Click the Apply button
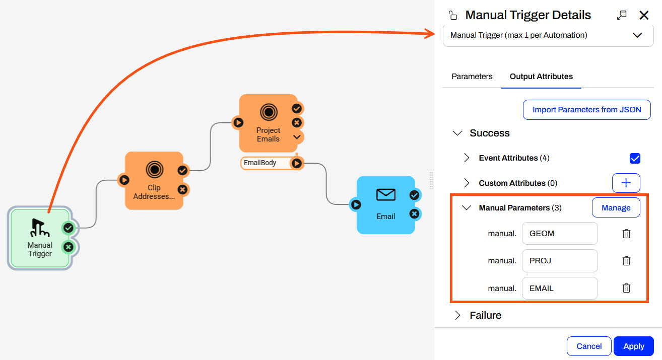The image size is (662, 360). click(633, 346)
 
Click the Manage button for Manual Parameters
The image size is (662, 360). click(616, 207)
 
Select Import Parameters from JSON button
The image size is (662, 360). click(586, 110)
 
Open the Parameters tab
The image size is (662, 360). click(472, 77)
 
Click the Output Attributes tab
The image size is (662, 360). click(541, 77)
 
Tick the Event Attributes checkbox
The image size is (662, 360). click(635, 158)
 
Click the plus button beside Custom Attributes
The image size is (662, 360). click(626, 183)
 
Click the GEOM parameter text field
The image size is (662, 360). click(559, 234)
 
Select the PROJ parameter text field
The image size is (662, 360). click(559, 261)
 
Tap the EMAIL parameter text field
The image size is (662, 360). click(559, 289)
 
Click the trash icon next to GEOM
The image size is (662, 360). click(626, 234)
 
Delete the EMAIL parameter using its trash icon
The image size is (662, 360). click(626, 288)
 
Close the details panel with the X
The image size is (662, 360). click(644, 15)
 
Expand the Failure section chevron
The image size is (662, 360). click(457, 315)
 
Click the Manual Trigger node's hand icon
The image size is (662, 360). click(40, 228)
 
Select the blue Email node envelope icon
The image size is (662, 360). click(386, 194)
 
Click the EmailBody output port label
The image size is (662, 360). click(260, 163)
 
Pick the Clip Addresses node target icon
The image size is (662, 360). click(154, 170)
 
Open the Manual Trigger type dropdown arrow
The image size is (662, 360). click(637, 35)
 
